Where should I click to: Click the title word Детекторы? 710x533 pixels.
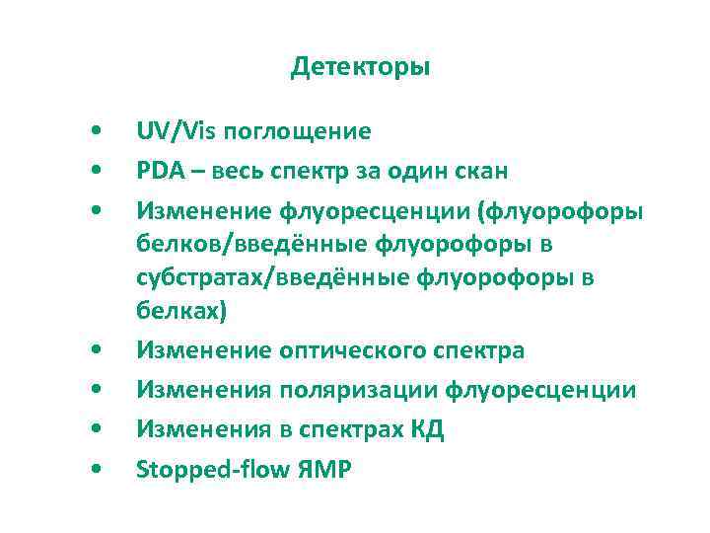tap(361, 68)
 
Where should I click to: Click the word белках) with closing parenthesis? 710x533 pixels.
tap(181, 311)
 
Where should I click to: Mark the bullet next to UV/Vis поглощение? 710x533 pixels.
tap(94, 131)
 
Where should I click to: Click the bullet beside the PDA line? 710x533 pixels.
tap(94, 171)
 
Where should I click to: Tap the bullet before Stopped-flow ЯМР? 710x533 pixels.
tap(94, 470)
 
